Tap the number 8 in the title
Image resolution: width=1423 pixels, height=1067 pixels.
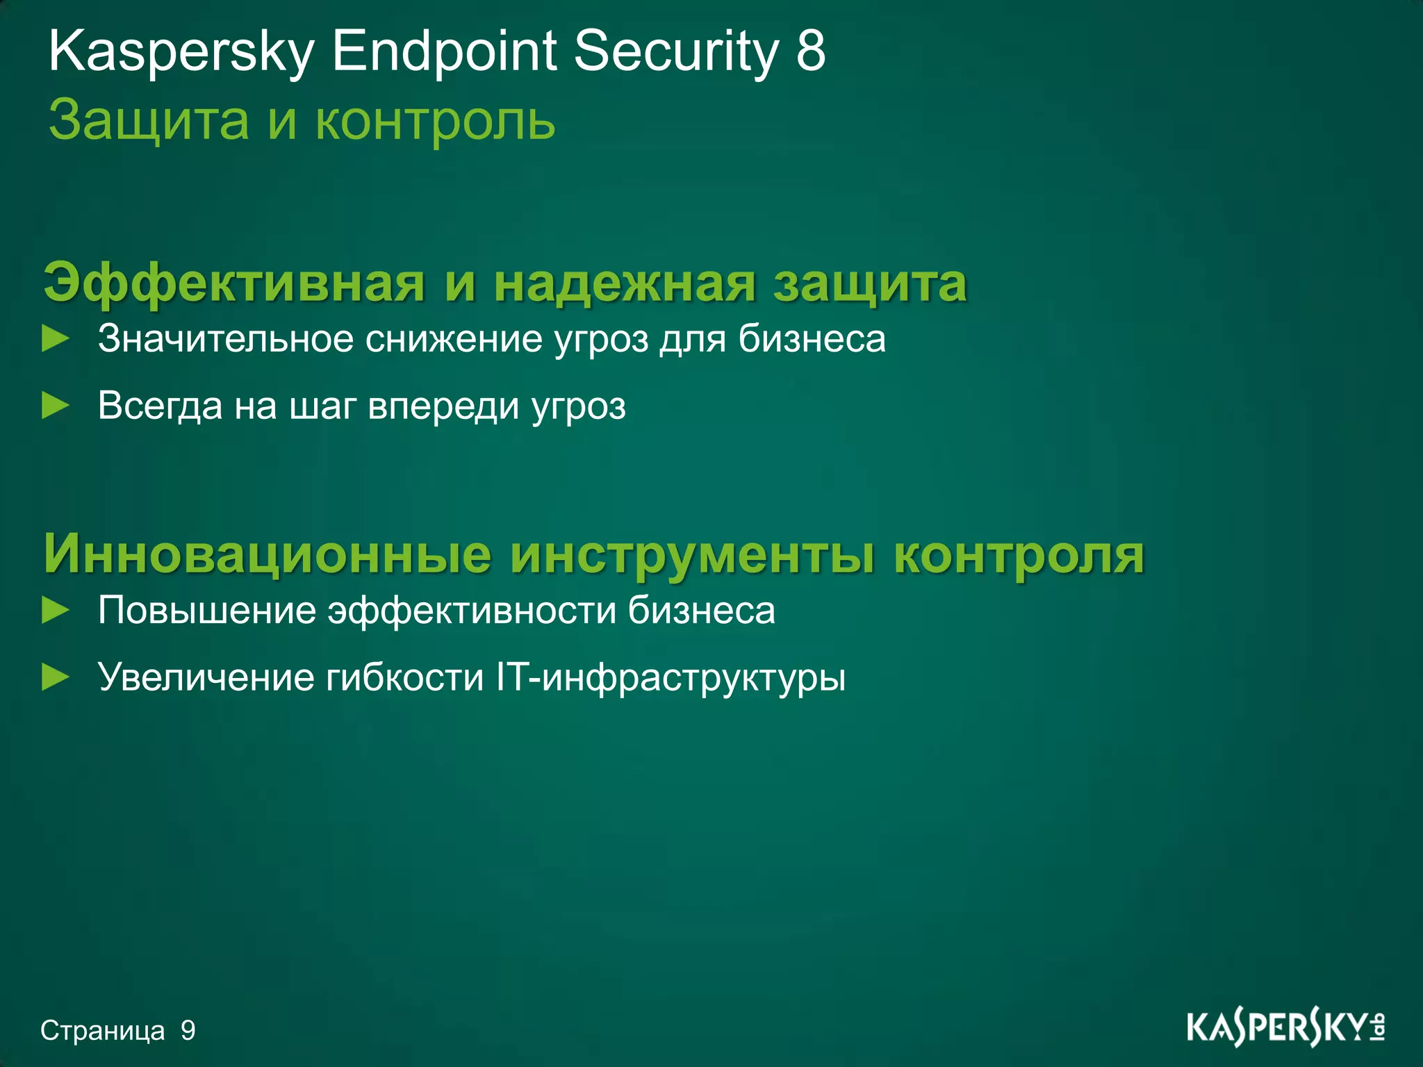(811, 51)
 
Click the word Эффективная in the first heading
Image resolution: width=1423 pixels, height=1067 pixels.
(233, 284)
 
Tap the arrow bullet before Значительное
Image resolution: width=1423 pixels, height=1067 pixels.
(56, 340)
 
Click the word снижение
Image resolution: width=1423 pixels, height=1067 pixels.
(454, 340)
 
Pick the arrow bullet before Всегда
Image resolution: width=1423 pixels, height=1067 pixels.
(56, 406)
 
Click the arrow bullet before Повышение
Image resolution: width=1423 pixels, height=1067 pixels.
(56, 611)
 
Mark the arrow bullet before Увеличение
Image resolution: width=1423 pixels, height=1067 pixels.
(56, 677)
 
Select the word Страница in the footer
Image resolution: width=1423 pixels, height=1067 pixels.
(103, 1031)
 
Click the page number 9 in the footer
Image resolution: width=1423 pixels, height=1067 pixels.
(188, 1031)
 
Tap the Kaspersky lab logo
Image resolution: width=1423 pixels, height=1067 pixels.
(1285, 1028)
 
